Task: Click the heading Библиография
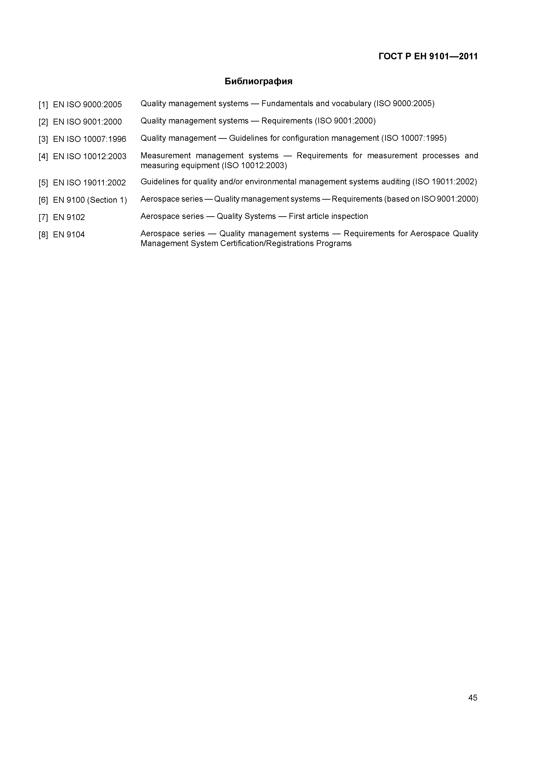(x=258, y=81)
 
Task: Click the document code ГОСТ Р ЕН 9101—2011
(x=428, y=56)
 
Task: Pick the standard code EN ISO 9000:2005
(x=87, y=105)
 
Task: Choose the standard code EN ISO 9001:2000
(x=87, y=122)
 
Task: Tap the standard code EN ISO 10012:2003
(x=90, y=157)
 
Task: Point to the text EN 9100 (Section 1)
(x=90, y=200)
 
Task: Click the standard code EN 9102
(x=69, y=217)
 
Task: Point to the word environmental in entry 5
(x=271, y=182)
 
